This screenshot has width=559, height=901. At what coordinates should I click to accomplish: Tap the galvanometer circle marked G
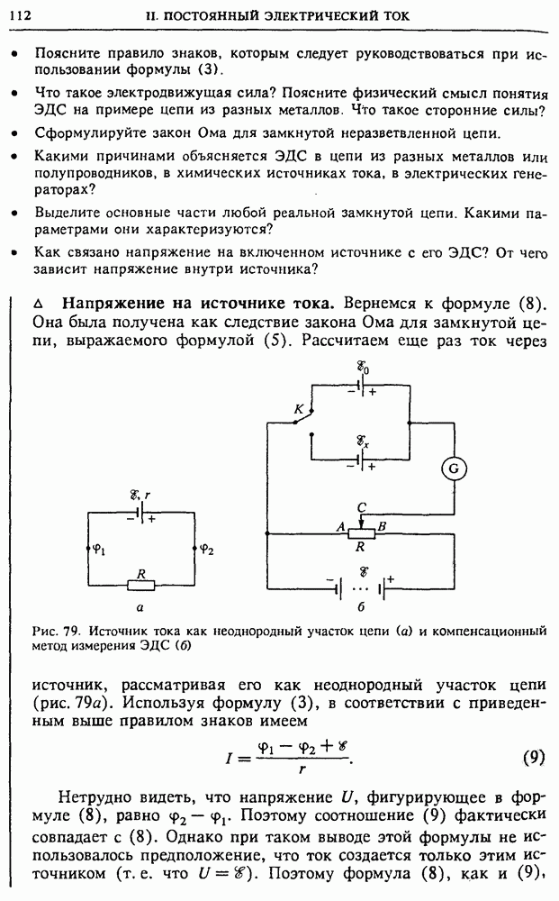(x=454, y=468)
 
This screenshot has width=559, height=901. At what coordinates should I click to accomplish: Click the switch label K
(x=299, y=409)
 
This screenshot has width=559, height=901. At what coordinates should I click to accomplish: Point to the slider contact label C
(x=361, y=506)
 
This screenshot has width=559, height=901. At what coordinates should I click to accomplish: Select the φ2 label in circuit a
(x=207, y=547)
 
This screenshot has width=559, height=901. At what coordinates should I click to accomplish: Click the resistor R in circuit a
(x=140, y=585)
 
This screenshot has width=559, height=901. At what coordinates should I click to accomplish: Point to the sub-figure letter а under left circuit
(x=140, y=609)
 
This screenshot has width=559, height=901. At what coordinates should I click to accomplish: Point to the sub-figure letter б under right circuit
(x=361, y=608)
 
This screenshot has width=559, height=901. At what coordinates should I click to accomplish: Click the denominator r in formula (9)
(x=291, y=770)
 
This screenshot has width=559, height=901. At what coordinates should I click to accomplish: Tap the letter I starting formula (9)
(x=230, y=759)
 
